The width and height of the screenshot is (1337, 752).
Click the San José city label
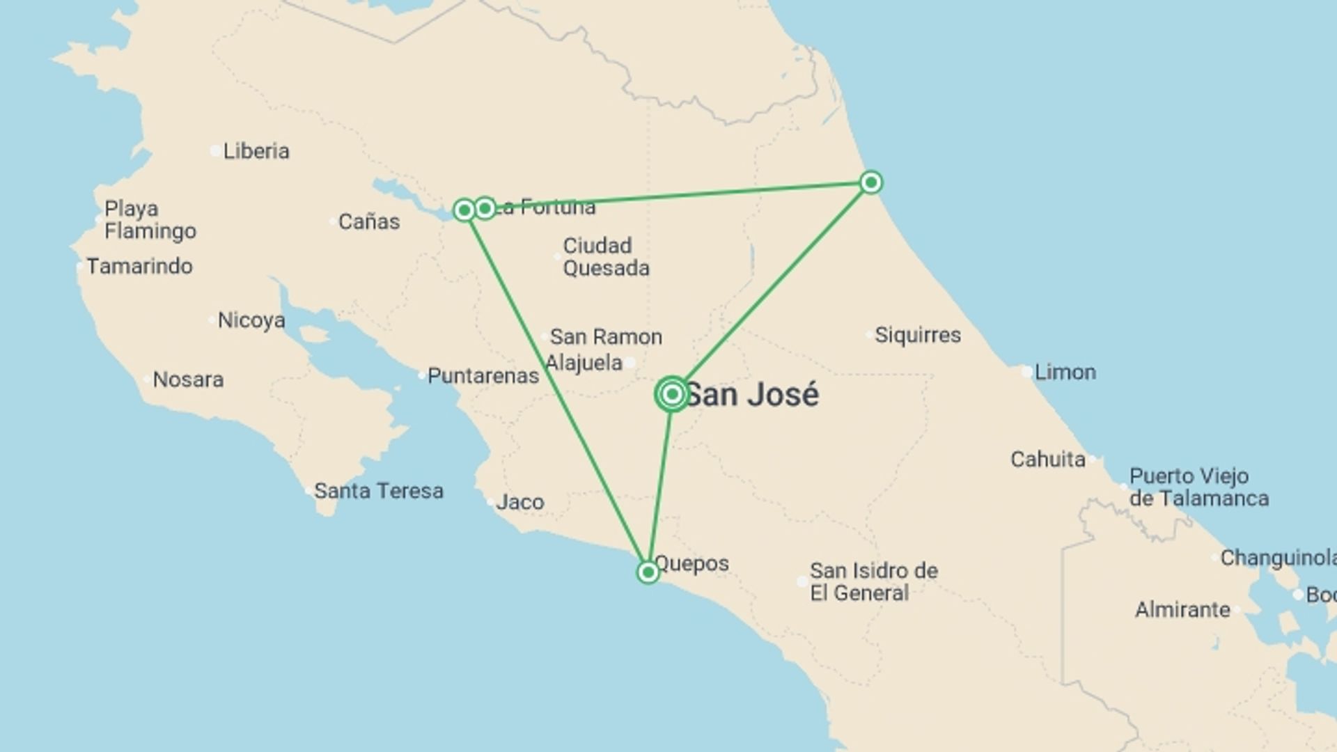752,395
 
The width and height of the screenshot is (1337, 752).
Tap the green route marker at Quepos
648,572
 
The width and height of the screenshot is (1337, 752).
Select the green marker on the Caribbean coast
870,182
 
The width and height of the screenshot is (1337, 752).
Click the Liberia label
256,151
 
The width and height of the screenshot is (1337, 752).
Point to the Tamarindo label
139,266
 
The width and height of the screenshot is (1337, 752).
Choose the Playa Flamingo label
150,220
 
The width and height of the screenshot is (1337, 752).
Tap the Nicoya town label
251,320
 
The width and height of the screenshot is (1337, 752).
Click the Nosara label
188,379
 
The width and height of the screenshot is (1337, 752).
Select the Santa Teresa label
378,491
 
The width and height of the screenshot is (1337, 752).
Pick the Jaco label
519,502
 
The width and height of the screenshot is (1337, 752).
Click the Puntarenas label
483,376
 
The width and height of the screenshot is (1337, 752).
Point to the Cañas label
369,222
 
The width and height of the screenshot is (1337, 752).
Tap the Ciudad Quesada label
606,257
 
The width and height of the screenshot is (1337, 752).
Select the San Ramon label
606,337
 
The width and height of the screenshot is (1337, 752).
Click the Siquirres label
917,335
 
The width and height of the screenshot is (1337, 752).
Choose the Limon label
1065,372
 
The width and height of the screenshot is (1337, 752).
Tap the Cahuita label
1048,460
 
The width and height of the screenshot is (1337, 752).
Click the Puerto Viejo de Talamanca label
1198,487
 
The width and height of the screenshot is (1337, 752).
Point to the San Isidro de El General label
873,582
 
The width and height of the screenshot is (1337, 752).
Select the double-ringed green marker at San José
672,395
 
